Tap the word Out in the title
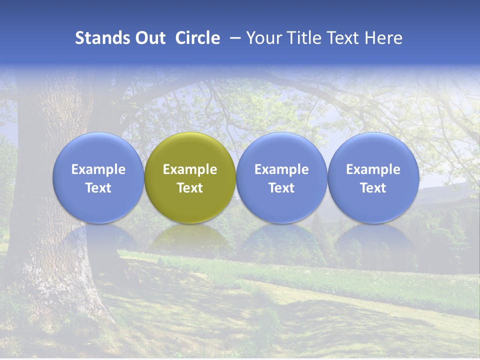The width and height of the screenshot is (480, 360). click(149, 38)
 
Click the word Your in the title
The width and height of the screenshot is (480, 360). click(262, 38)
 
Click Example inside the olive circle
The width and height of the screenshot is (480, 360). click(190, 169)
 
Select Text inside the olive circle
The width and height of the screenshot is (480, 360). click(190, 188)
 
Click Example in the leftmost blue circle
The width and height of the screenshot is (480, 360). click(98, 169)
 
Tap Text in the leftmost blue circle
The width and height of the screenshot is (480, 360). click(98, 188)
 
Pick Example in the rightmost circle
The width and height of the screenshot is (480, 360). click(373, 169)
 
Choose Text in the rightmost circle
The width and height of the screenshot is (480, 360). click(373, 188)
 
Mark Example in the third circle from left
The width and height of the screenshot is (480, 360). click(281, 169)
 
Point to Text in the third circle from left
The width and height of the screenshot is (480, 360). click(281, 188)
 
